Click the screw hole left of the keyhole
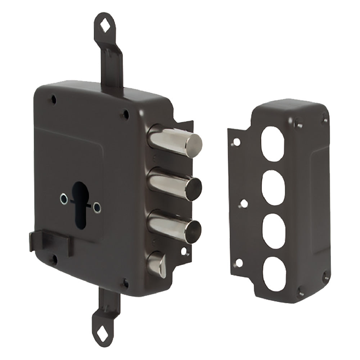tap(63, 198)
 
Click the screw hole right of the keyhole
tap(96, 207)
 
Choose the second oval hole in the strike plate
tap(273, 188)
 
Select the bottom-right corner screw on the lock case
tap(125, 283)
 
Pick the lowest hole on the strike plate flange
tap(238, 264)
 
